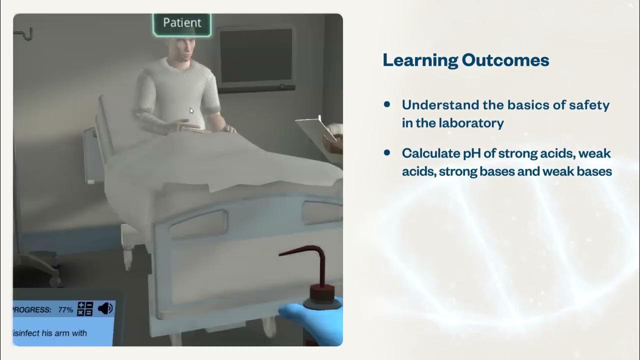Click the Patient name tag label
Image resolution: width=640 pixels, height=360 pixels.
[182, 23]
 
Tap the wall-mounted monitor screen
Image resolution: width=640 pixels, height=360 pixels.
[256, 55]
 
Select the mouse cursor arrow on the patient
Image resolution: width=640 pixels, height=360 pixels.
[191, 110]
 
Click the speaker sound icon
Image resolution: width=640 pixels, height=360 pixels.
[105, 309]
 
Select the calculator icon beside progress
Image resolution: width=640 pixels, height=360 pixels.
[85, 309]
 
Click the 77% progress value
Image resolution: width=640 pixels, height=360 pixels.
[65, 310]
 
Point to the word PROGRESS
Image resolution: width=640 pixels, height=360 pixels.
[31, 310]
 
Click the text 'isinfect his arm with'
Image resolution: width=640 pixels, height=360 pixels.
[50, 333]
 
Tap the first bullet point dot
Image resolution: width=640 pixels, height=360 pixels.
[387, 104]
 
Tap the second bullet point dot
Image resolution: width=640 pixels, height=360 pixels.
[387, 152]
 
